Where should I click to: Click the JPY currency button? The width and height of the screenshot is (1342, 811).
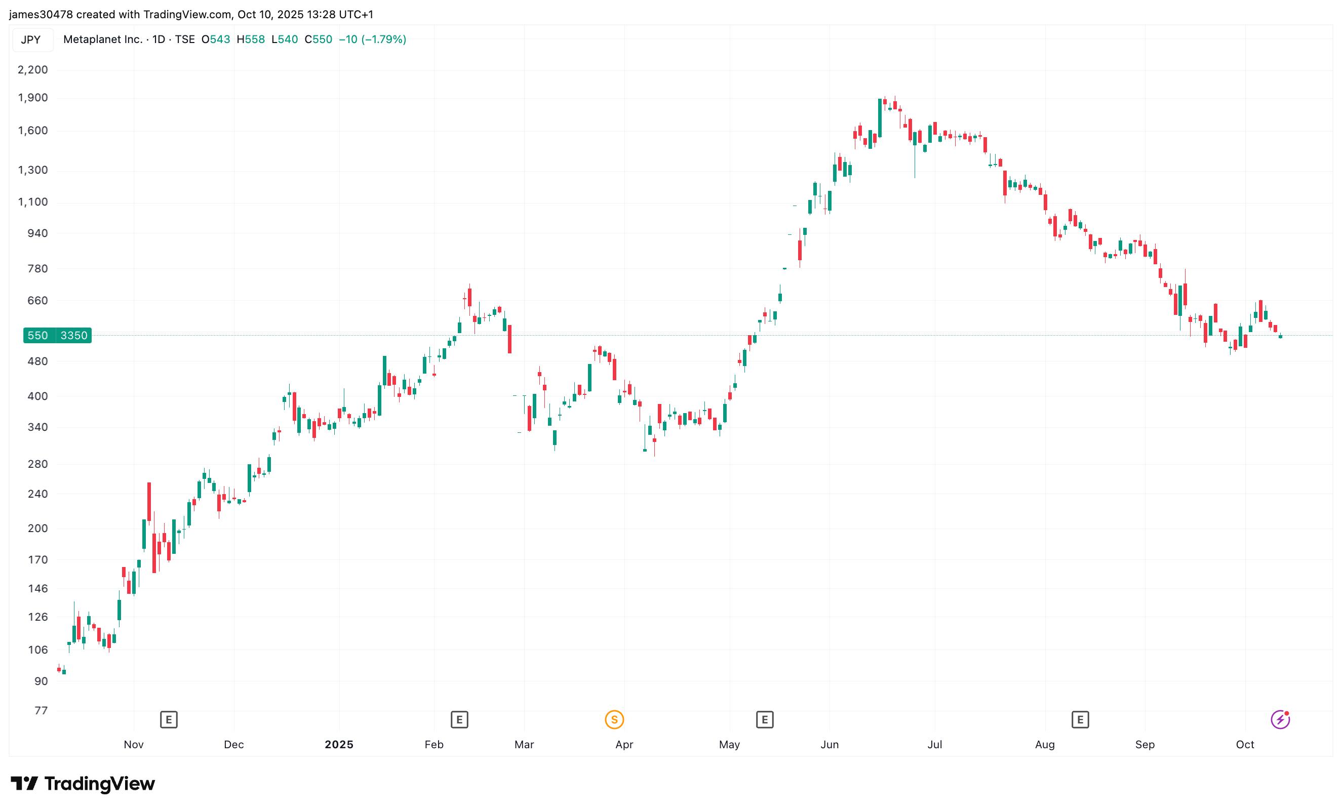pos(31,39)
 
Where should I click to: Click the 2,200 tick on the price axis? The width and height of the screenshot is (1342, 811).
pos(33,70)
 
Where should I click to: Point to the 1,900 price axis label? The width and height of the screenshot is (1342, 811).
pos(33,98)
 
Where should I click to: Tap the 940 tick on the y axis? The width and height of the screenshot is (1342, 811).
pos(37,233)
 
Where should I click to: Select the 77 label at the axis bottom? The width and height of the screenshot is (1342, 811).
pos(41,710)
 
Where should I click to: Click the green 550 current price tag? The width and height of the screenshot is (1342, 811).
pos(37,335)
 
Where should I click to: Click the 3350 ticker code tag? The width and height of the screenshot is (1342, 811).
pos(74,335)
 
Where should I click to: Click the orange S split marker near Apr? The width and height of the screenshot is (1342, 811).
pos(614,720)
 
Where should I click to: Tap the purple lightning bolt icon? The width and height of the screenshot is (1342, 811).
pos(1280,719)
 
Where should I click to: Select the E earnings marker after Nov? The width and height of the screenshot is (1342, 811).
pos(169,720)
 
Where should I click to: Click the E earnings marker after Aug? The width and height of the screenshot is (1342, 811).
pos(1080,720)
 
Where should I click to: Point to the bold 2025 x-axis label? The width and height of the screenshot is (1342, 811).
pos(339,745)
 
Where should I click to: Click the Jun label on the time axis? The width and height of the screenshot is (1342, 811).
pos(830,745)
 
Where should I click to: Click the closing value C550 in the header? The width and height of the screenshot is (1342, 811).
pos(318,39)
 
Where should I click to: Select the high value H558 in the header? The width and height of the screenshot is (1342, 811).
pos(251,39)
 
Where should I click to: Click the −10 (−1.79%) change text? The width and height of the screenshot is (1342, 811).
pos(373,39)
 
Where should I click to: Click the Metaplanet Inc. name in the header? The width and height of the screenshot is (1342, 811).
pos(103,39)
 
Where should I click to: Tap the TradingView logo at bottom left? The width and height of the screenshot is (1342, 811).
pos(83,784)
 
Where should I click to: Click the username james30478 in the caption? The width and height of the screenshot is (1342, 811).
pos(41,15)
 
